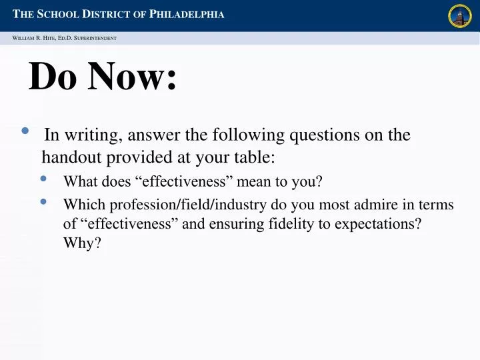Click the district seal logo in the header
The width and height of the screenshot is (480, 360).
460,16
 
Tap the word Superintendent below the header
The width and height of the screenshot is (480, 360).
95,38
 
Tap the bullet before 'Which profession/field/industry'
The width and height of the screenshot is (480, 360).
44,201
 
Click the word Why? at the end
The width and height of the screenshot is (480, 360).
82,243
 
